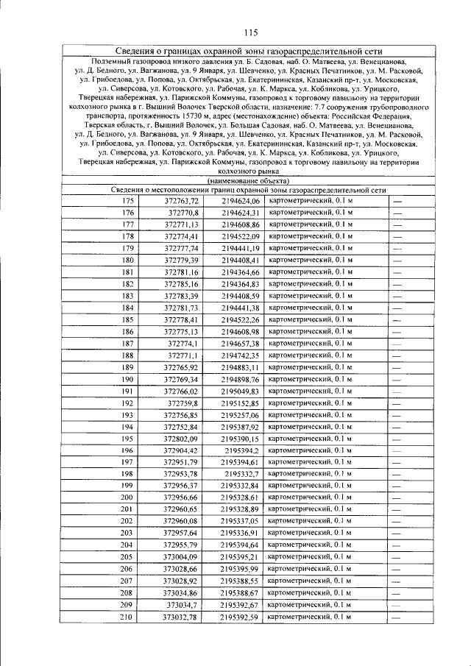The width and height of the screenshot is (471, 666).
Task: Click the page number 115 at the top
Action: click(248, 31)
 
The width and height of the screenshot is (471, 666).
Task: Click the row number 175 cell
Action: click(128, 201)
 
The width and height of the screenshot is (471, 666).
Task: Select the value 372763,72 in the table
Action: click(181, 201)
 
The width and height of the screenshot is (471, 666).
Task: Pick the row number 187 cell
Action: click(128, 344)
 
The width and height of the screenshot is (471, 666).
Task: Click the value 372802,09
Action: click(181, 439)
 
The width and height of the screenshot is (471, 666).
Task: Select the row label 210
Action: click(128, 617)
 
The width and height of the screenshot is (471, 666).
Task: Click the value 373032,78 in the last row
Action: click(181, 617)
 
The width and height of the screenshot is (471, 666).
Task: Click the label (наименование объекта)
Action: click(248, 181)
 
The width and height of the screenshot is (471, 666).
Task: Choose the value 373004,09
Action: click(181, 557)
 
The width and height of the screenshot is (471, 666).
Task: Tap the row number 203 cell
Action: click(128, 534)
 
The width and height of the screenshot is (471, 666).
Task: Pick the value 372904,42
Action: click(181, 450)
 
